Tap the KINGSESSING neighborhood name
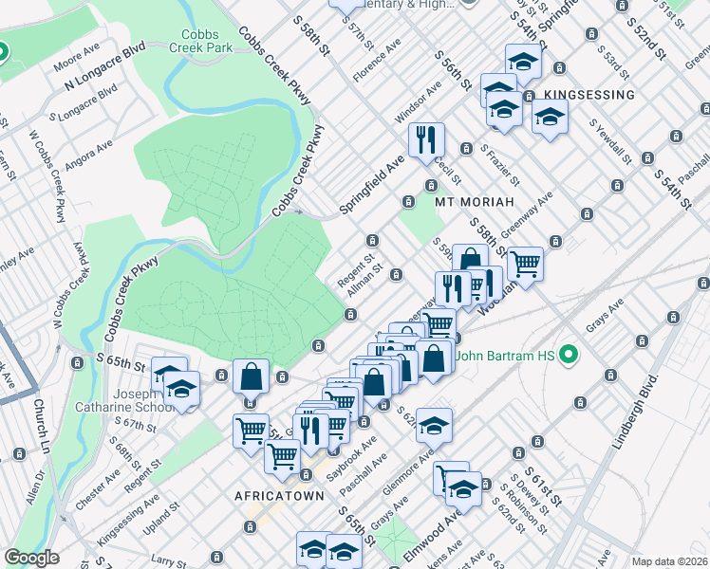tap(589, 96)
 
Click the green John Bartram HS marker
tap(569, 357)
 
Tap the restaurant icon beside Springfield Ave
tap(426, 139)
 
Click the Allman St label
tap(363, 281)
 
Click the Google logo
tap(31, 558)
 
